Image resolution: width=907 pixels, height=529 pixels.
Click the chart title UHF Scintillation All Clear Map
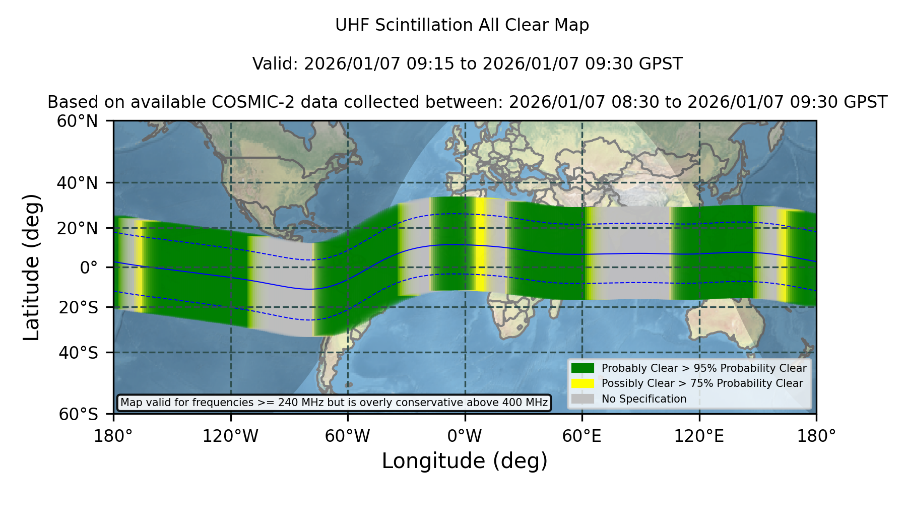point(462,25)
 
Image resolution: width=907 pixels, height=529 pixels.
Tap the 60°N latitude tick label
point(78,121)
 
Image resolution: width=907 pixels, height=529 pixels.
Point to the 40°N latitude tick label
point(78,183)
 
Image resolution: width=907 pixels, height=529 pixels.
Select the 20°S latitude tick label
point(79,307)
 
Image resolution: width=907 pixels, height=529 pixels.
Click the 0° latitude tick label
point(89,268)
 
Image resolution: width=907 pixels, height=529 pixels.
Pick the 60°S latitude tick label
point(79,414)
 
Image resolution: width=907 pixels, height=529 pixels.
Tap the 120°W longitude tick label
point(230,436)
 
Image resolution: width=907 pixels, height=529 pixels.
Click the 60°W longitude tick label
point(348,436)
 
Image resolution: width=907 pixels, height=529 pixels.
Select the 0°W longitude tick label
point(465,436)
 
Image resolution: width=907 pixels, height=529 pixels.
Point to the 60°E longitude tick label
point(582,436)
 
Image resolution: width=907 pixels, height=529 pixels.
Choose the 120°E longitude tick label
point(699,436)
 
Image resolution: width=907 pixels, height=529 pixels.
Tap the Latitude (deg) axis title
point(31,267)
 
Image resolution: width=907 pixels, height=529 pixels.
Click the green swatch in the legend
point(583,368)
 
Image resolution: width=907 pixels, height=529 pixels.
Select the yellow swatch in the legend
point(583,383)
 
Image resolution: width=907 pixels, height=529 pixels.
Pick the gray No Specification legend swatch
point(583,399)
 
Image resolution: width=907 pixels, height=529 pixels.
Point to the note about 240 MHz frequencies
point(334,403)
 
